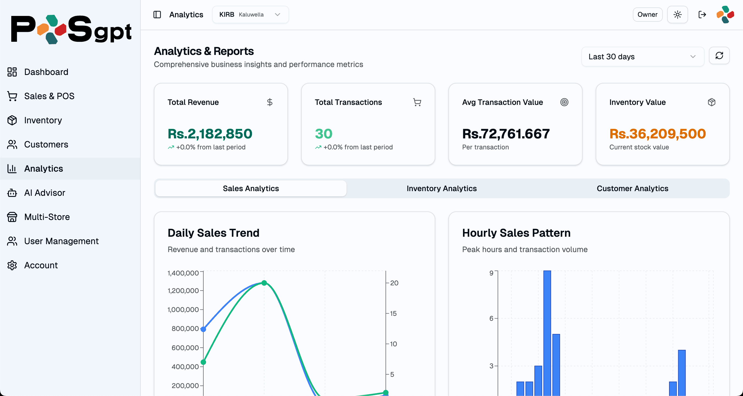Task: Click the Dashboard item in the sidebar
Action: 46,72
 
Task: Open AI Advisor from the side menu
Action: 45,193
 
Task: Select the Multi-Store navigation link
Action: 47,217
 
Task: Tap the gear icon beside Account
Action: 12,265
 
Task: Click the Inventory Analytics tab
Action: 441,188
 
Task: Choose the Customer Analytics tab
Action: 632,188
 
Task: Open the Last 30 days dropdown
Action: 642,57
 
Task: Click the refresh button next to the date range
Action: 719,56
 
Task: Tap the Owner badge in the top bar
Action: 647,14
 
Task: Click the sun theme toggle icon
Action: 677,14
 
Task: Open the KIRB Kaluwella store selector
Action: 250,14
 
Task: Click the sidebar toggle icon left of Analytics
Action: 157,14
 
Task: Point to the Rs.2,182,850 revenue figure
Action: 210,133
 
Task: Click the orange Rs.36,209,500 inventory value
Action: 657,133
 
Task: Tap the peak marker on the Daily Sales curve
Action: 264,283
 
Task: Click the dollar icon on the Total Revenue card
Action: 270,102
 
